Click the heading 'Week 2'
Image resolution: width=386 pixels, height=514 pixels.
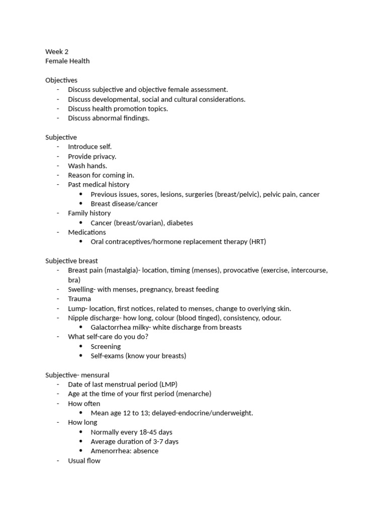click(x=57, y=52)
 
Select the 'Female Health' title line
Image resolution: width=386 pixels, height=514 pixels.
click(x=67, y=61)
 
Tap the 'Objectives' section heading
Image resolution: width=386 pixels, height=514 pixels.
click(x=61, y=80)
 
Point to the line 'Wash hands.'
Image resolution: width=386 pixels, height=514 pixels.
click(x=87, y=166)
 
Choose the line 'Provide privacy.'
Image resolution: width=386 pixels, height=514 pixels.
click(x=92, y=156)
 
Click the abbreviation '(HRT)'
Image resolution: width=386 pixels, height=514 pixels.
click(x=257, y=242)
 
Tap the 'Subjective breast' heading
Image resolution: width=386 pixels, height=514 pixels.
click(x=71, y=261)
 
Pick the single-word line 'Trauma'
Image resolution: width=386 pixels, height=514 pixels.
click(x=79, y=299)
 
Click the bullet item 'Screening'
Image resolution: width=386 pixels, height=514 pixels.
click(x=106, y=346)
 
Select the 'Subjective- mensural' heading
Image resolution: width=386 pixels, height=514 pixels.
click(x=77, y=375)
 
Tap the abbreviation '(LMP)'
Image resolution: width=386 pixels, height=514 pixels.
click(x=167, y=384)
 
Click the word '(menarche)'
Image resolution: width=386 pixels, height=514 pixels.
click(x=194, y=394)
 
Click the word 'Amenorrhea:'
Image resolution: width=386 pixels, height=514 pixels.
click(x=111, y=451)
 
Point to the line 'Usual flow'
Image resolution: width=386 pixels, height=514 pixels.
click(x=84, y=461)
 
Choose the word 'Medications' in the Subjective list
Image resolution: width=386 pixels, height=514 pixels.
click(x=87, y=232)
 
